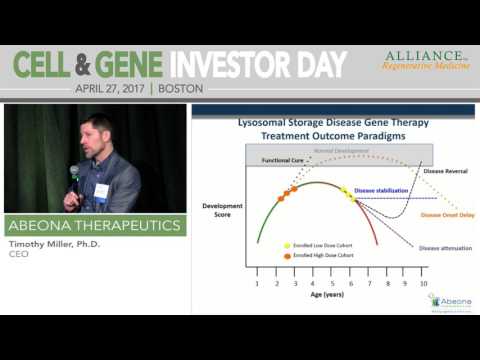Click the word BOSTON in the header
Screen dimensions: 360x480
(181, 88)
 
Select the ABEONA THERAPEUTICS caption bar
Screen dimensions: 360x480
(95, 225)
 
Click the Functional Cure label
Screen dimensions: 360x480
(283, 160)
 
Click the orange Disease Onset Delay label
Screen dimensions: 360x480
(444, 215)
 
